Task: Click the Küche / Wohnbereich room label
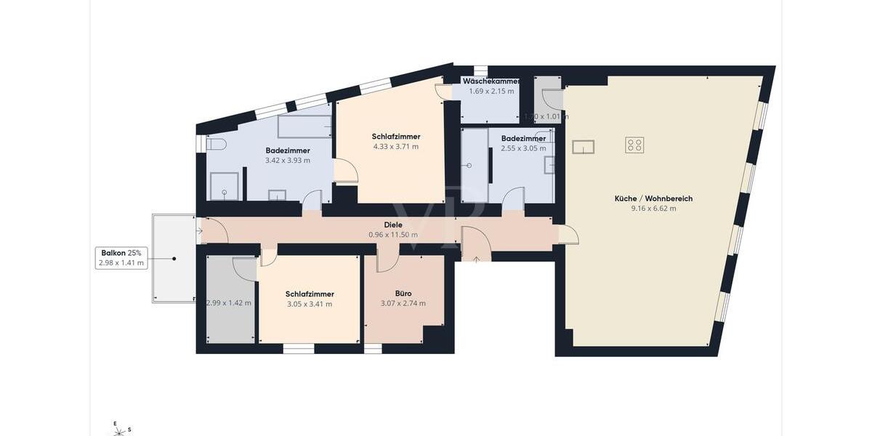click(653, 198)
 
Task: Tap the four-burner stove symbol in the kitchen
click(634, 145)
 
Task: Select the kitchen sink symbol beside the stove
click(583, 147)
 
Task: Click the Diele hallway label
click(394, 225)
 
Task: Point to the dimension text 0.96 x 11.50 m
click(394, 235)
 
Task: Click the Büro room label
click(403, 294)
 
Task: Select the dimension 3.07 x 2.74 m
click(403, 304)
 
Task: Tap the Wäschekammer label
click(490, 81)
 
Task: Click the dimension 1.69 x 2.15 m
click(490, 92)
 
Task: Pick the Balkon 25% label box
click(122, 258)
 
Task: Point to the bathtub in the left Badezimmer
click(304, 127)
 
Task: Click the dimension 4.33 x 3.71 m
click(395, 147)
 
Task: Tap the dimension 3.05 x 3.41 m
click(310, 304)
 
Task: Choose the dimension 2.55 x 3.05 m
click(523, 149)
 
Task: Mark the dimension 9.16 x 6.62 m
click(653, 209)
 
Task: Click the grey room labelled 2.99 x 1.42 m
click(230, 303)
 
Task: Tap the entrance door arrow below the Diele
click(476, 258)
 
